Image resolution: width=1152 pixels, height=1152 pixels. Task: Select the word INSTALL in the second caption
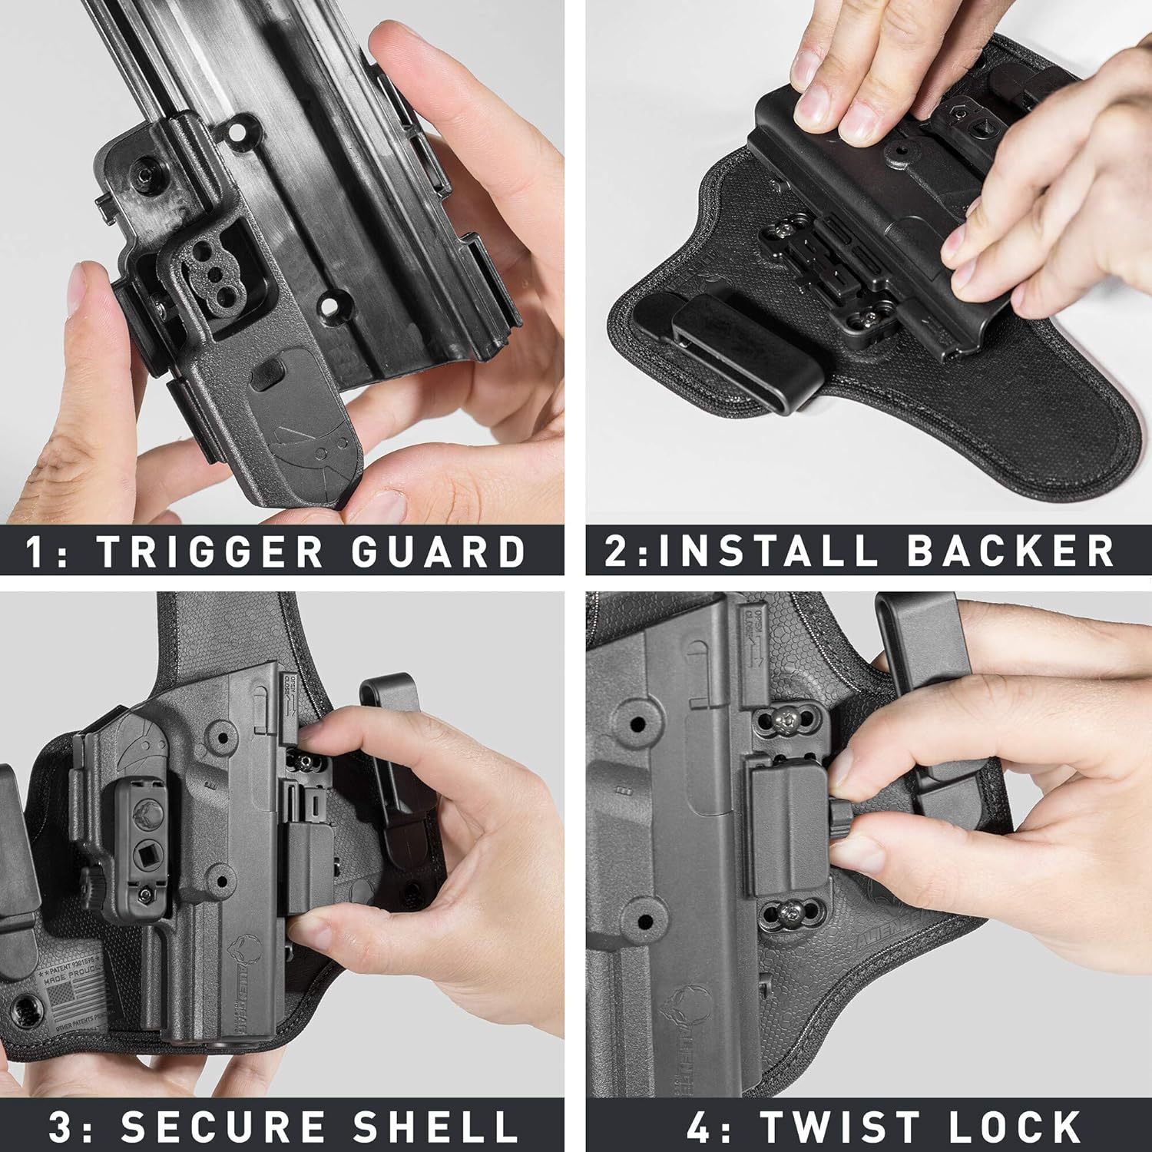pyautogui.click(x=769, y=551)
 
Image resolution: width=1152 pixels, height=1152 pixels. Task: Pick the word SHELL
pyautogui.click(x=435, y=1126)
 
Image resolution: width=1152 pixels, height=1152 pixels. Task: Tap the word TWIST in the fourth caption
pyautogui.click(x=843, y=1126)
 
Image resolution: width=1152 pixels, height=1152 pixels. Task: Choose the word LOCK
pyautogui.click(x=1015, y=1126)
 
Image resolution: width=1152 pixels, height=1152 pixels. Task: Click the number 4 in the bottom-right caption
pyautogui.click(x=699, y=1126)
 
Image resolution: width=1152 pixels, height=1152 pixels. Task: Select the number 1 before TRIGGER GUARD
pyautogui.click(x=35, y=551)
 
